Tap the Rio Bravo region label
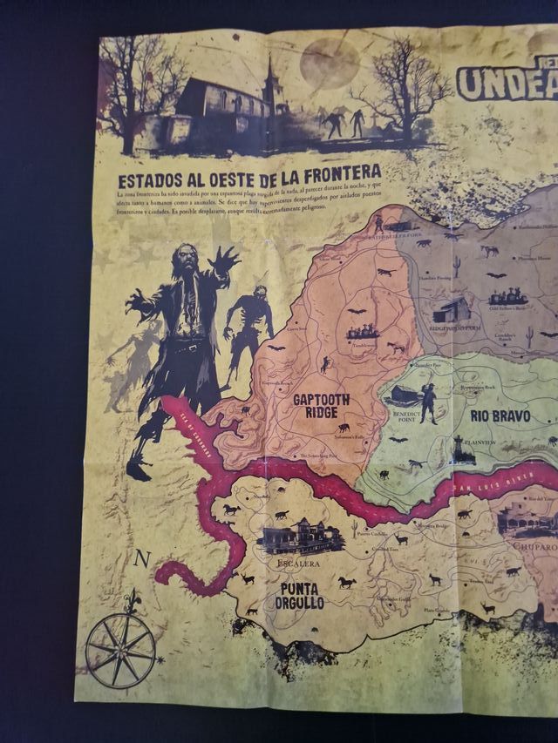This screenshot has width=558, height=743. click(500, 416)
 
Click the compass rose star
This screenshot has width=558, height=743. click(121, 650)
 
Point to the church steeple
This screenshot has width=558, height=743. click(270, 70)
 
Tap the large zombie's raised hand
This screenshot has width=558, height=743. click(224, 259)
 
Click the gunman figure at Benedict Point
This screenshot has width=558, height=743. click(428, 399)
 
